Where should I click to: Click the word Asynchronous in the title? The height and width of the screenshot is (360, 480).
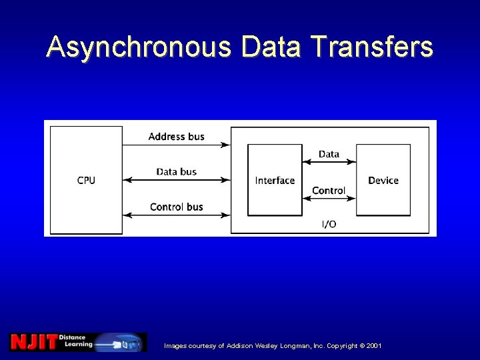pos(139,47)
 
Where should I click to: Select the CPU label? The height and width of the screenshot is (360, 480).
pos(86,181)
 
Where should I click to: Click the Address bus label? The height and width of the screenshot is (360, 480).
pos(176,137)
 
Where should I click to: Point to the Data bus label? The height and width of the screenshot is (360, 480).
pos(176,172)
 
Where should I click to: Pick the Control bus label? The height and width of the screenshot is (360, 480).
pos(176,207)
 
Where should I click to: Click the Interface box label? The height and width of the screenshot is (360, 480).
pos(275,181)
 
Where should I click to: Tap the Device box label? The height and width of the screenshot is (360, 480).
pos(383,181)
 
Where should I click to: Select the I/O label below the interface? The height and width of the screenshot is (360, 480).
pos(329,224)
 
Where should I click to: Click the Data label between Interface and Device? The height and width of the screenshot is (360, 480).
pos(329,154)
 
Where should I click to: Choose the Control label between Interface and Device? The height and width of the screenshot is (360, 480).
pos(329,191)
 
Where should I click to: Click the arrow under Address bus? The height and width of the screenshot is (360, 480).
pos(176,145)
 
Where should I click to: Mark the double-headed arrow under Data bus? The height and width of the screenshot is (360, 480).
pos(176,180)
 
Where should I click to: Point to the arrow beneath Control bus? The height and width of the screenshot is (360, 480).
pos(176,215)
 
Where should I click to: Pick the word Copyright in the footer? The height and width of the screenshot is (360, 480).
pos(339,346)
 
